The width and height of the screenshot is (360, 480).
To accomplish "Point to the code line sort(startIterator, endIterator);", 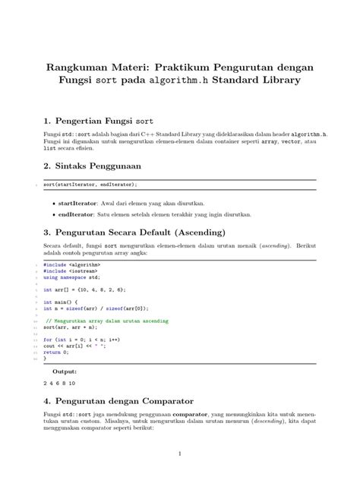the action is (90, 184).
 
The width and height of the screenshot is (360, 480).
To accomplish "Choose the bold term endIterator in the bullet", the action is (77, 214).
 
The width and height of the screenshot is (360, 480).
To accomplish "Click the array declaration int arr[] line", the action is (84, 289).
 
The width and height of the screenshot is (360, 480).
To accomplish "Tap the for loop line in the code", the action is (84, 339).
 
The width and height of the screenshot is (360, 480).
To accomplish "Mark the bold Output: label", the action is (64, 371).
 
